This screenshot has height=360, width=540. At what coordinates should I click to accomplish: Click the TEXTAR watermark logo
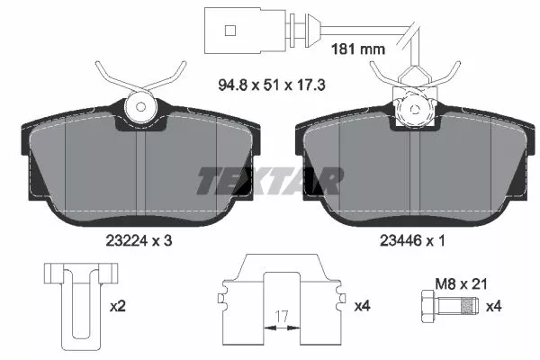pyautogui.click(x=269, y=181)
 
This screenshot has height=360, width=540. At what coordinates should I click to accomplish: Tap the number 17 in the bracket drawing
pyautogui.click(x=282, y=316)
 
